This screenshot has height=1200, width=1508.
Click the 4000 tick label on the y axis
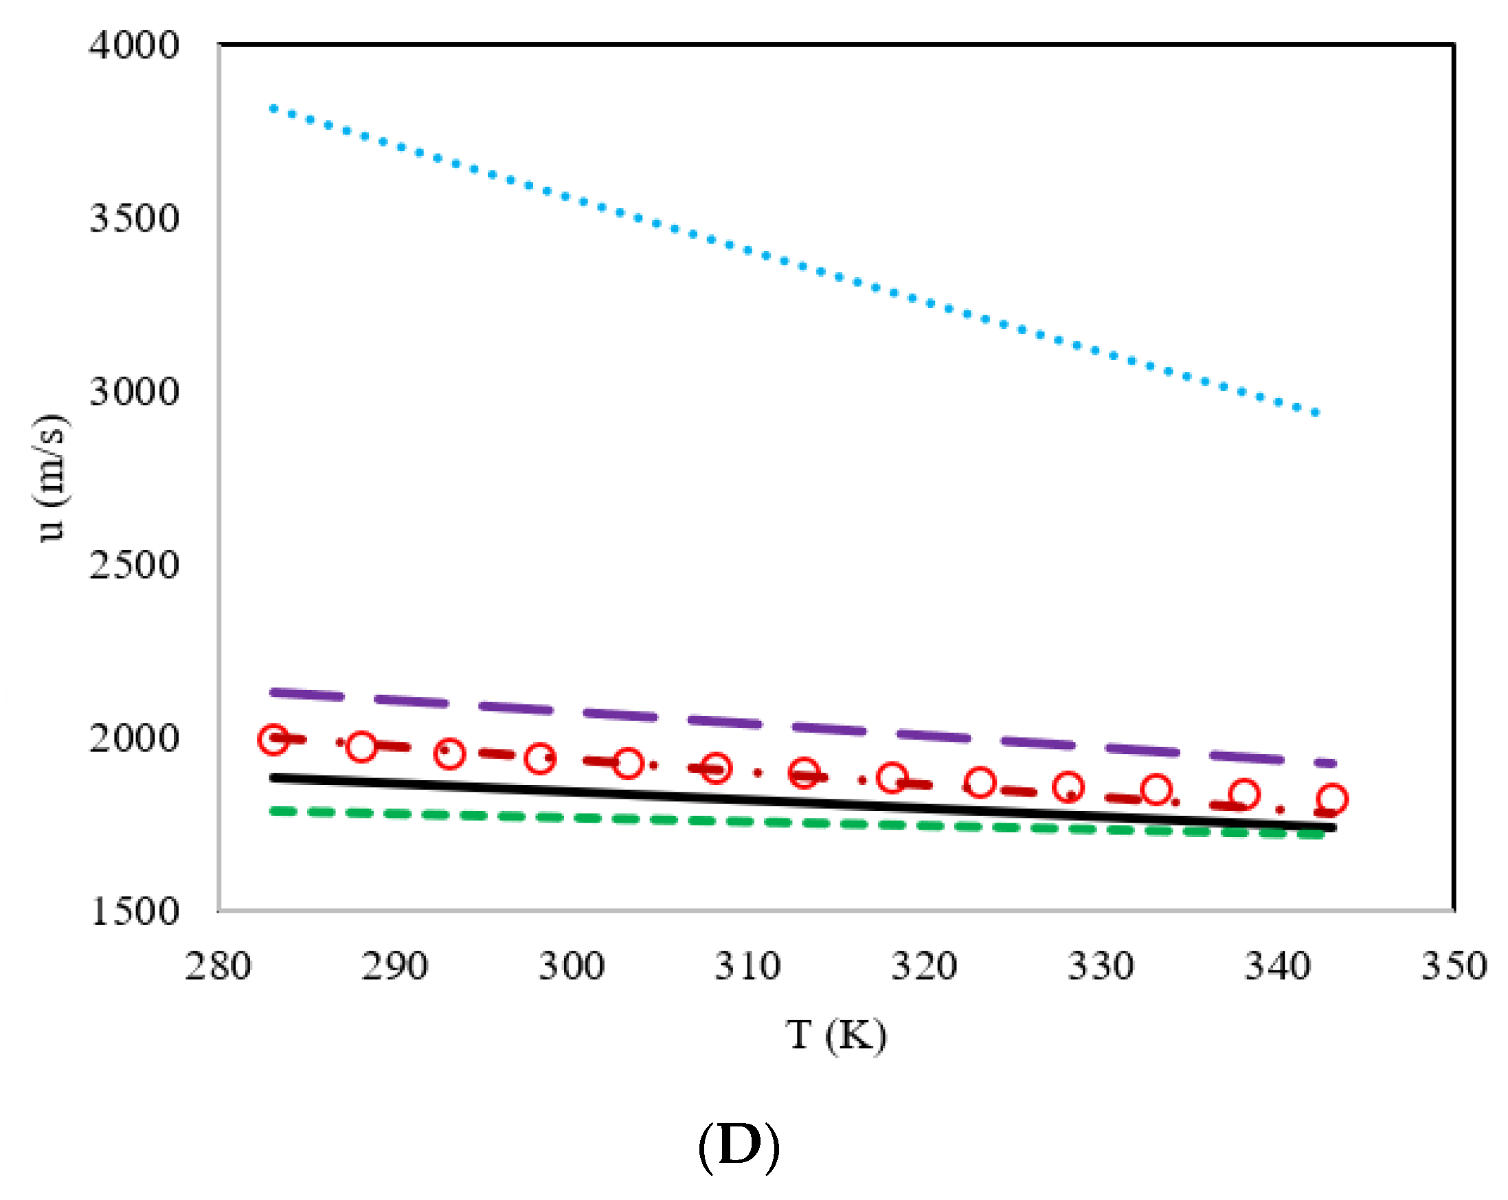coord(133,46)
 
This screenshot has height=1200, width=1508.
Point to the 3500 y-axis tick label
coord(133,219)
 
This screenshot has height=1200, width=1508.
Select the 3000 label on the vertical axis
coord(133,392)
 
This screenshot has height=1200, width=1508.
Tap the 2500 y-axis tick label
coord(133,565)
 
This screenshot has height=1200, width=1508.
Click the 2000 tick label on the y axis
coord(133,738)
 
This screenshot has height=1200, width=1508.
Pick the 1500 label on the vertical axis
coord(133,912)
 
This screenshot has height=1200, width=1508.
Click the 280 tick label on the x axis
coord(218,967)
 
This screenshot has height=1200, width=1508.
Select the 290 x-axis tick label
coord(394,967)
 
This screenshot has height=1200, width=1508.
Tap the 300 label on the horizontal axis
coord(572,967)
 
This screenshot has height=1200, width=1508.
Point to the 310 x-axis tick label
coord(747,967)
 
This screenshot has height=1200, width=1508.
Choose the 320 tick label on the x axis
coord(924,967)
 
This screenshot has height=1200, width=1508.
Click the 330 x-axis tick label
coord(1101,967)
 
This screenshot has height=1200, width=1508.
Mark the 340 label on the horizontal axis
coord(1277,967)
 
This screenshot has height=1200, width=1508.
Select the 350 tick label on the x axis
coord(1454,967)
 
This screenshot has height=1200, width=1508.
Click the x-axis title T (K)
coord(837,1036)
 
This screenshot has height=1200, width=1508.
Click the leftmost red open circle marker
coord(273,740)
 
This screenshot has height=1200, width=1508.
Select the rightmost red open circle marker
coord(1332,799)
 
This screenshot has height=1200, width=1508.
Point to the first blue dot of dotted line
coord(273,109)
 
